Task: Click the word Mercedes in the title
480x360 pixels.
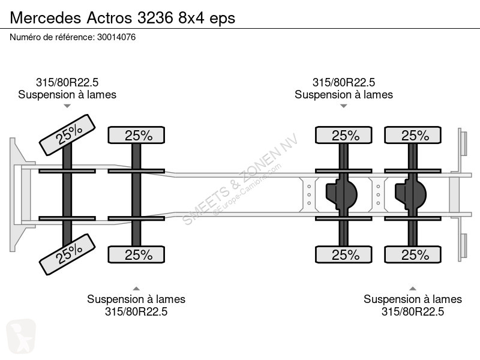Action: [x=46, y=18]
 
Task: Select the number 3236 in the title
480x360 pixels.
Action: [x=155, y=18]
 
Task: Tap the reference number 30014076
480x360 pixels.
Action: [x=116, y=37]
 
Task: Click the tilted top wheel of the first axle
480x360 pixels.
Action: [x=67, y=135]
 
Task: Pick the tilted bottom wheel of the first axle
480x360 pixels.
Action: [x=67, y=254]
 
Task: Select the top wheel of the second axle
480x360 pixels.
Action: [x=136, y=135]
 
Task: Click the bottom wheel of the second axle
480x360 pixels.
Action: [x=136, y=254]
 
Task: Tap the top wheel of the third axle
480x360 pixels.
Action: [x=343, y=135]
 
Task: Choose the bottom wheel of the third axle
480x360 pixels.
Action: [x=343, y=254]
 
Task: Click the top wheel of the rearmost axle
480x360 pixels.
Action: [x=413, y=135]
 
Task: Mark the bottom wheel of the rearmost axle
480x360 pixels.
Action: [x=413, y=254]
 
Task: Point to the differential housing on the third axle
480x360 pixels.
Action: [x=341, y=194]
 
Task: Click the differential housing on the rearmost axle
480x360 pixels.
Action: [x=411, y=194]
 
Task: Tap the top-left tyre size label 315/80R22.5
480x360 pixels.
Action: [x=67, y=82]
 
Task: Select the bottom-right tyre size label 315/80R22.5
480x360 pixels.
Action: [x=413, y=311]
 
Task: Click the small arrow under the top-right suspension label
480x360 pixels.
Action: [x=343, y=106]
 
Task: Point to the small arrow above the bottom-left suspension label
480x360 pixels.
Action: [x=136, y=289]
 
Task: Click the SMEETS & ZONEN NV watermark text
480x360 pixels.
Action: [x=240, y=179]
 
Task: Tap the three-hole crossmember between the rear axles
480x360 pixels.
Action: [x=378, y=194]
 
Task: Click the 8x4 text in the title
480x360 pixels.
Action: [x=191, y=18]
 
